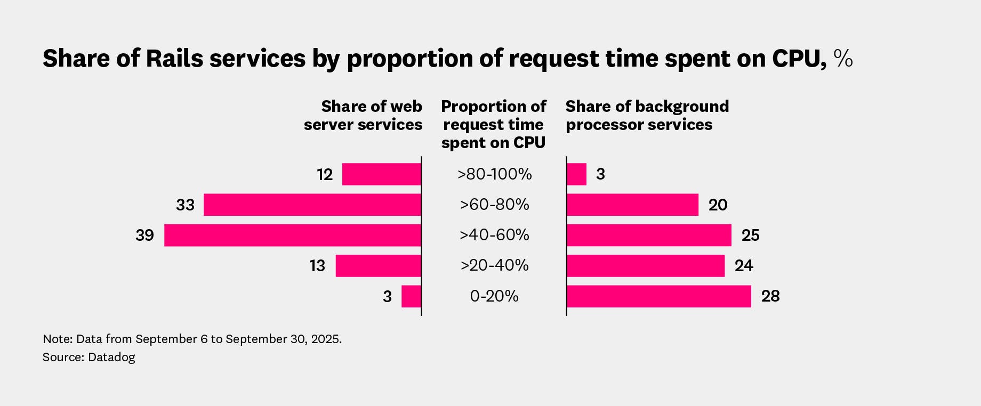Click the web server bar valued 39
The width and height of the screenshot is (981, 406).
(293, 235)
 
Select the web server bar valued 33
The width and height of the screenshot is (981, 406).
(312, 205)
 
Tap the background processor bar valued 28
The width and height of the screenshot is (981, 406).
(659, 296)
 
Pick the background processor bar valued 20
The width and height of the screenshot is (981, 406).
(632, 205)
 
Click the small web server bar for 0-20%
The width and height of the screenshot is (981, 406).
(411, 296)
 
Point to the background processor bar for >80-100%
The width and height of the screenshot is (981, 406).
(576, 174)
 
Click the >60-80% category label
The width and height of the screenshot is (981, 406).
(494, 205)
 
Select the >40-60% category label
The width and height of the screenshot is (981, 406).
(494, 235)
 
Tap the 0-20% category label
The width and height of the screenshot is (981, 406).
(494, 296)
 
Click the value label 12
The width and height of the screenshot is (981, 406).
(325, 175)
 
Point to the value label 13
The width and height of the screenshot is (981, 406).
(317, 266)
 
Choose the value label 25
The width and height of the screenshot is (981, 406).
(750, 236)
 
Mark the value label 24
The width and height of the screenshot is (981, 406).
(744, 266)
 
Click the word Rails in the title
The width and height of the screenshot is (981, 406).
(174, 59)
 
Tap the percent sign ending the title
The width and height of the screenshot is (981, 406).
(843, 58)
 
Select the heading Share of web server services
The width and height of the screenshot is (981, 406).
(364, 116)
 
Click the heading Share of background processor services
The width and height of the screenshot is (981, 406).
(646, 116)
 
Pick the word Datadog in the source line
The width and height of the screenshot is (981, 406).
(111, 357)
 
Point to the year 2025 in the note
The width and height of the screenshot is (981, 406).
(326, 339)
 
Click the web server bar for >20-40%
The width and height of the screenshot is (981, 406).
(379, 266)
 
